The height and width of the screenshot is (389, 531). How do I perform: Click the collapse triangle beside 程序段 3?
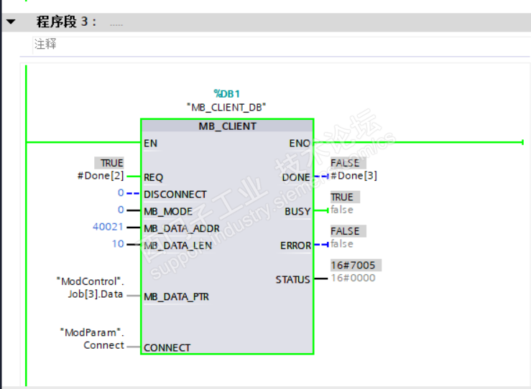[11, 22]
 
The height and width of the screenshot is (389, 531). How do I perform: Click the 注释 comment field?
[45, 44]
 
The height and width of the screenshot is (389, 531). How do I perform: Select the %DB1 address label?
[227, 93]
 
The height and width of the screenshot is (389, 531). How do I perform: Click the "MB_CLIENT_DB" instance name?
[227, 107]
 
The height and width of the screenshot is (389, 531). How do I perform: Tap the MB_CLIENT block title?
[227, 126]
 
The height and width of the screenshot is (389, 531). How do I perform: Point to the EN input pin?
[151, 143]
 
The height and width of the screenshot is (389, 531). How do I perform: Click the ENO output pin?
[300, 143]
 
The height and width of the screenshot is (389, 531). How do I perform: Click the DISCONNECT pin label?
[175, 194]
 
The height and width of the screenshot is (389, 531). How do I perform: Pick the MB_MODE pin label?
[169, 212]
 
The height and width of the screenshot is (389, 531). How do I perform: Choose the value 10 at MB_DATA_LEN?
[118, 245]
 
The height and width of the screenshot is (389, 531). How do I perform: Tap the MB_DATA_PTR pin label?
[177, 296]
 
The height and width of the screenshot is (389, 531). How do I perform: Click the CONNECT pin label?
[167, 347]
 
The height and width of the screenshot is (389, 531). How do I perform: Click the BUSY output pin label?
[297, 212]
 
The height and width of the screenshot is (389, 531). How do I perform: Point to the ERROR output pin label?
[295, 245]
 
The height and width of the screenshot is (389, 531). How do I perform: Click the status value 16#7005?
[353, 266]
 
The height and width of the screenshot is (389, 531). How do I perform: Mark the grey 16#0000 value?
[353, 278]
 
